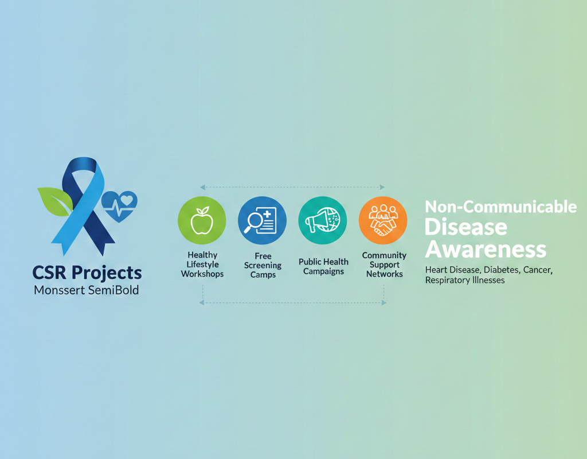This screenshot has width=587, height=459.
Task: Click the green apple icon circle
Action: (202, 220)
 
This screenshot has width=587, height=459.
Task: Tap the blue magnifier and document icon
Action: (262, 220)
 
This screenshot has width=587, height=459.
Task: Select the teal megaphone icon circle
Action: (323, 220)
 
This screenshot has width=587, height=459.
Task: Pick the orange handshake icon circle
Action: (383, 220)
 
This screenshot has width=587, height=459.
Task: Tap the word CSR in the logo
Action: (49, 273)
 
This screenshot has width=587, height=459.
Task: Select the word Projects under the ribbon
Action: (107, 273)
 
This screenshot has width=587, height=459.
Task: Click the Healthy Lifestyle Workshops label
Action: (202, 264)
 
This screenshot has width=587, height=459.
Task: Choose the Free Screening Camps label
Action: (263, 265)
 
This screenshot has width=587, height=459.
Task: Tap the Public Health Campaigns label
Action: (323, 266)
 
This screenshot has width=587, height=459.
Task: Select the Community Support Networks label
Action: (384, 264)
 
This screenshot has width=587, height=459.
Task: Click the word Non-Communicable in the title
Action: (501, 207)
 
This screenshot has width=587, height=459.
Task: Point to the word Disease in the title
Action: (466, 227)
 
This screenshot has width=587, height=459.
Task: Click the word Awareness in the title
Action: (486, 249)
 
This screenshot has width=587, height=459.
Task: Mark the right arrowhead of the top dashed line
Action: (382, 187)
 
